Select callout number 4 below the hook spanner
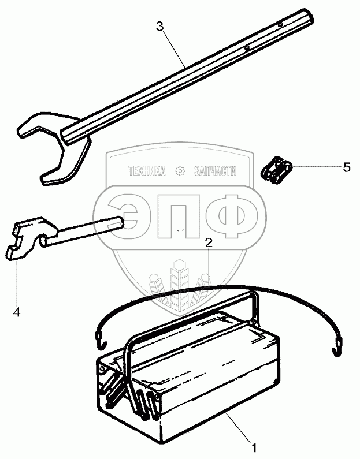click(x=16, y=312)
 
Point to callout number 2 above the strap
click(x=209, y=243)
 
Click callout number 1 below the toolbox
click(x=253, y=446)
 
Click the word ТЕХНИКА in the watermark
click(x=147, y=171)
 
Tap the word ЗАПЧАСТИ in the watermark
click(x=216, y=171)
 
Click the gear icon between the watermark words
click(x=181, y=171)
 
